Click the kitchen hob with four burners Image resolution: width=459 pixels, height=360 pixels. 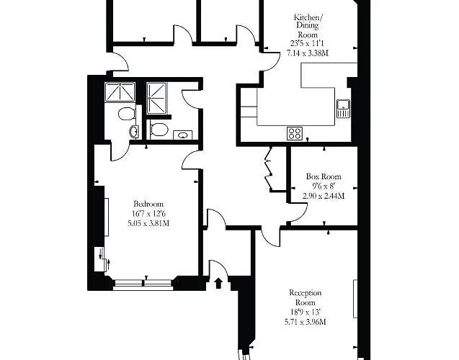(295, 132)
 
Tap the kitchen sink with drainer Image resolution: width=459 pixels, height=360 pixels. (342, 109)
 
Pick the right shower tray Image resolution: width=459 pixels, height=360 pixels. (156, 98)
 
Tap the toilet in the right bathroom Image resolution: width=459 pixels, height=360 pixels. (159, 130)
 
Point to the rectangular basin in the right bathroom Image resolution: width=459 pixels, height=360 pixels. (183, 133)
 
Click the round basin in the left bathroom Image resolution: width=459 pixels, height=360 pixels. (133, 131)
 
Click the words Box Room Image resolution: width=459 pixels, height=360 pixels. (323, 176)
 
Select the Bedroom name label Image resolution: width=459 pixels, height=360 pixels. (148, 203)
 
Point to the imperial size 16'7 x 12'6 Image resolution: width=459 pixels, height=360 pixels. (147, 213)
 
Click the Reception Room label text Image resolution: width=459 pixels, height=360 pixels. (305, 298)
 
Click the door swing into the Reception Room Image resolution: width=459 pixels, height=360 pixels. (269, 235)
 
